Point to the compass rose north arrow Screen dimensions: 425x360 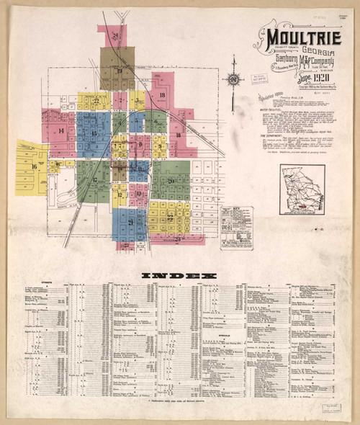[235, 78]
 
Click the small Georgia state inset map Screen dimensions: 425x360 [302, 190]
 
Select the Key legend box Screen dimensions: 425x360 [236, 228]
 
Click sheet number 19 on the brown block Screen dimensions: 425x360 [118, 71]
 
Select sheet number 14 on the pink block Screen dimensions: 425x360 [62, 130]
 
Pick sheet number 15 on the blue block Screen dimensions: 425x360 [94, 134]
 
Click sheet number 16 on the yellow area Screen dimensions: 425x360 [34, 166]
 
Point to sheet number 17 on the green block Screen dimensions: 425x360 [94, 180]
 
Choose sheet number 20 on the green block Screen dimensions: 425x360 [170, 180]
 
